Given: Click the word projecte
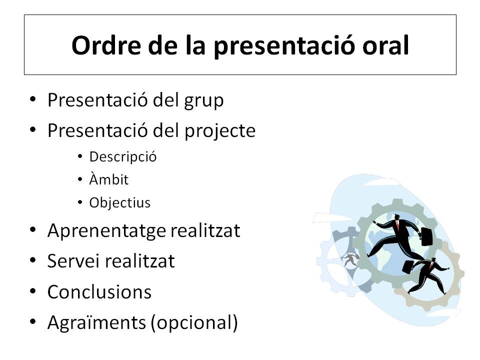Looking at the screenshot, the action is coord(220,131).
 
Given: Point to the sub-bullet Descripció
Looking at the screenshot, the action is coord(123,157).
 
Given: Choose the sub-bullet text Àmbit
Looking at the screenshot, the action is coord(108,179).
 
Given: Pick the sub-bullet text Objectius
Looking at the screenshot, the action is coord(119,202).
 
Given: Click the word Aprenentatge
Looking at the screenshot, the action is coord(105,231).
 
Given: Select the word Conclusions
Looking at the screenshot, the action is coord(99,291).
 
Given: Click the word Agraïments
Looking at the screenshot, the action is coord(96,323).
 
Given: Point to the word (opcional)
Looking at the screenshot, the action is coord(194,323).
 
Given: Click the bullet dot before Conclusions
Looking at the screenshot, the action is coord(33,291).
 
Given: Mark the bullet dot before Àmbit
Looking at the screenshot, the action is coord(80,179).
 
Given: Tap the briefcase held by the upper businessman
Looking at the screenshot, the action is coord(426,236).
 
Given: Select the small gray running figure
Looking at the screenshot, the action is coord(350,260).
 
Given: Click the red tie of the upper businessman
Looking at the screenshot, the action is coord(397,225).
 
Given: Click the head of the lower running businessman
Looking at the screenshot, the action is coord(432,261).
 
